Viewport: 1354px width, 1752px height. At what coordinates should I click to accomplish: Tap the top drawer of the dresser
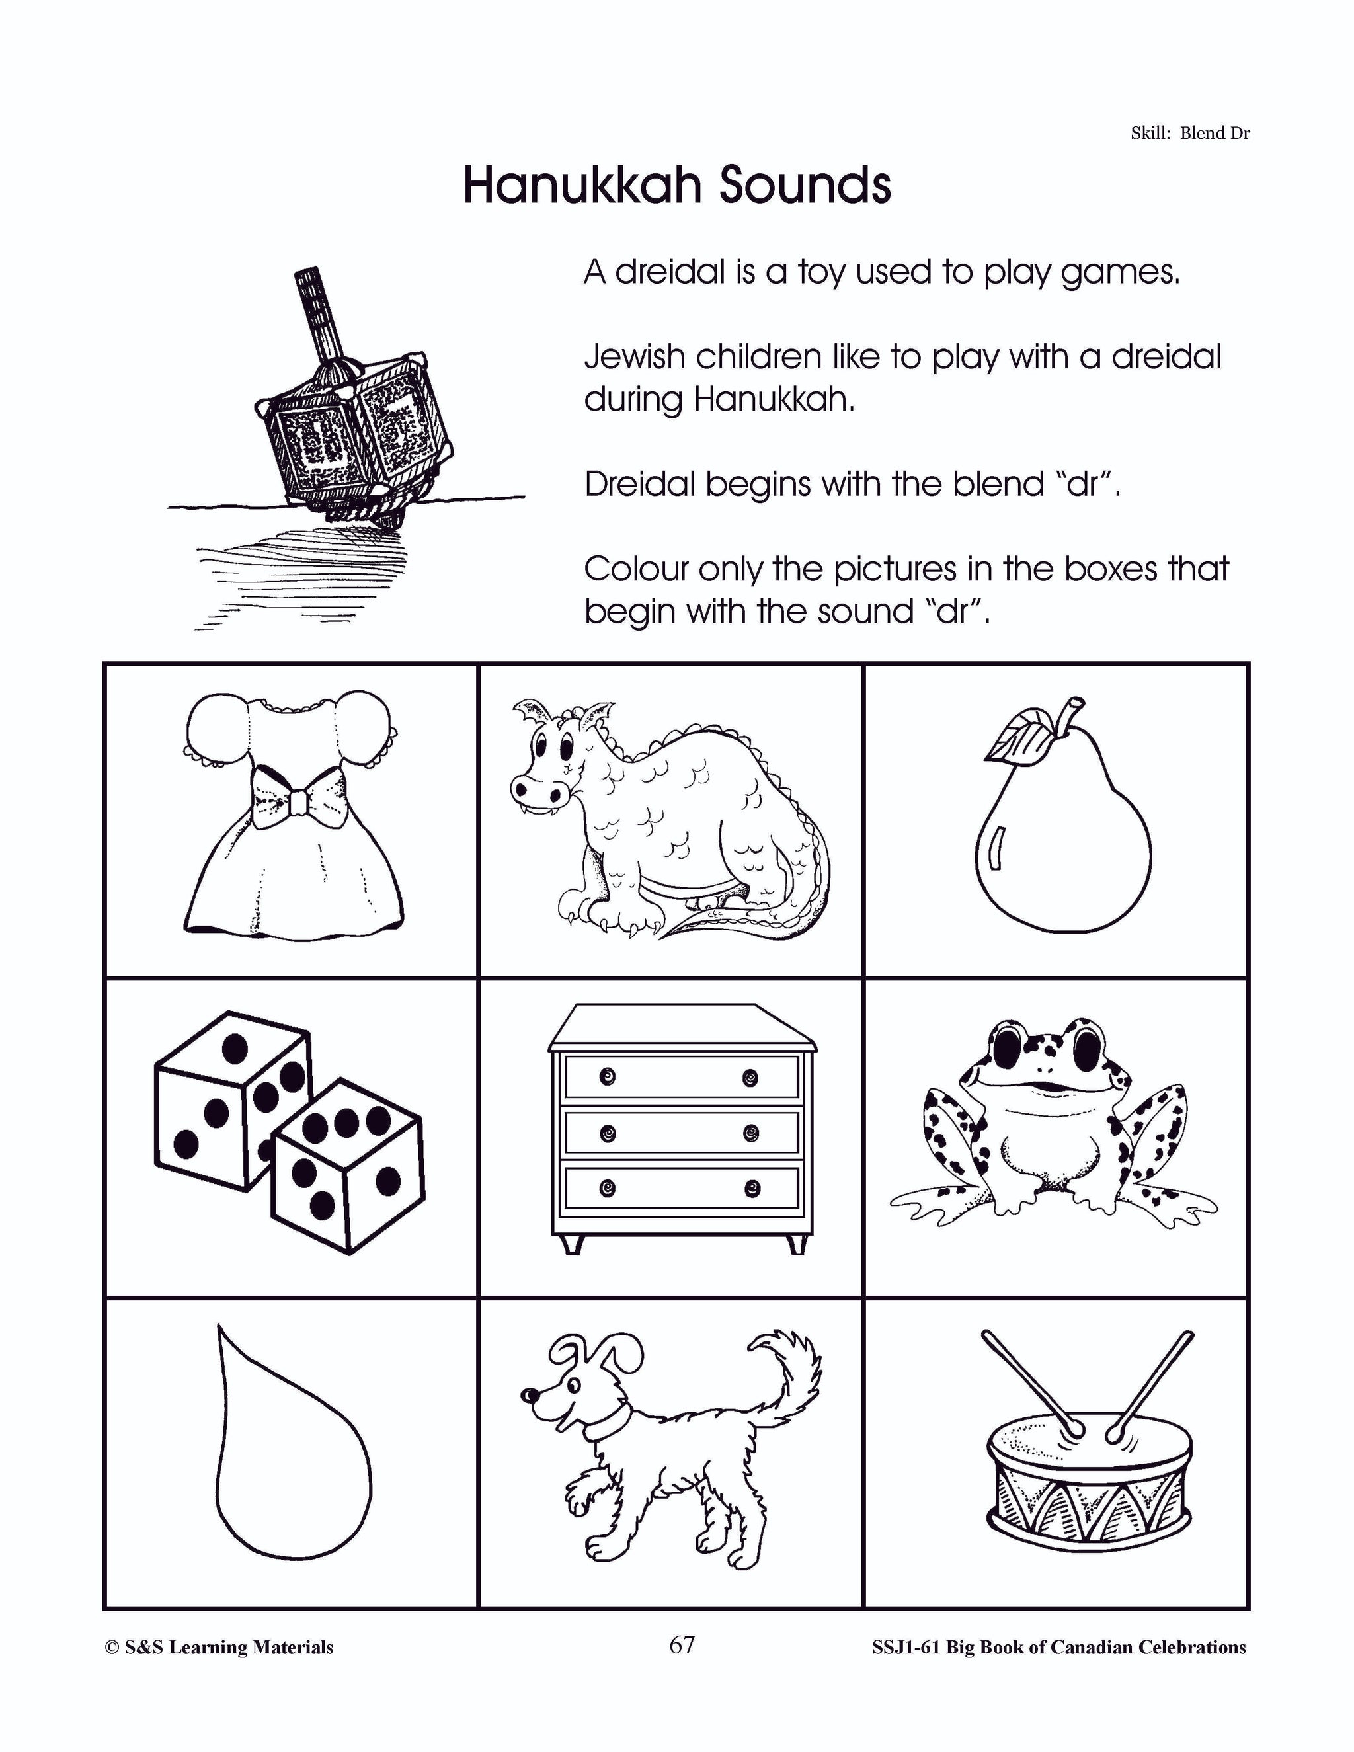[x=682, y=1076]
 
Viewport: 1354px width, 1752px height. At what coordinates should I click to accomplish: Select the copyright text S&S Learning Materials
[x=219, y=1648]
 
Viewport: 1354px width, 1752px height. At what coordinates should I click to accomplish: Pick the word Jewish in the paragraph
[x=633, y=357]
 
